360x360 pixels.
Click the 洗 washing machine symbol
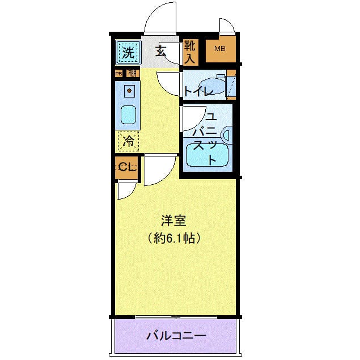(x=128, y=54)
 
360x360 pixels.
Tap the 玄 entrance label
(x=161, y=53)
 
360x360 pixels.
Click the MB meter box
(x=219, y=50)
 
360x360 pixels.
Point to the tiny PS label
(x=118, y=73)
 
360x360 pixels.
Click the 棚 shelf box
(x=132, y=73)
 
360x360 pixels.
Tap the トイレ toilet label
(x=198, y=91)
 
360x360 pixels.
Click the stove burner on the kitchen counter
(x=129, y=91)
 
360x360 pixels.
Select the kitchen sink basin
(x=129, y=115)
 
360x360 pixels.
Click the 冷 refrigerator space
(x=128, y=141)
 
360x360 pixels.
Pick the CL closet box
(x=126, y=167)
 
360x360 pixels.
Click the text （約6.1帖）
(x=174, y=239)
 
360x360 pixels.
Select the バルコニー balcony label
(x=176, y=336)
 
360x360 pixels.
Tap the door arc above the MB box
(x=226, y=25)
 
